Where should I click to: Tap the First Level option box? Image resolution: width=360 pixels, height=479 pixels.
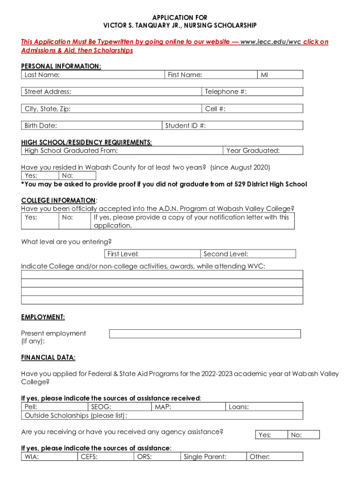[x=152, y=254]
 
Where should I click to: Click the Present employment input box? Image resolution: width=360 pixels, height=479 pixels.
[x=205, y=334]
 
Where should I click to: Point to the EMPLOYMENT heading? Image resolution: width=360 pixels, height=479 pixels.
[x=43, y=317]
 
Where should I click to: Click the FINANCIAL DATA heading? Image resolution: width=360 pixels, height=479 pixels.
[x=48, y=358]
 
